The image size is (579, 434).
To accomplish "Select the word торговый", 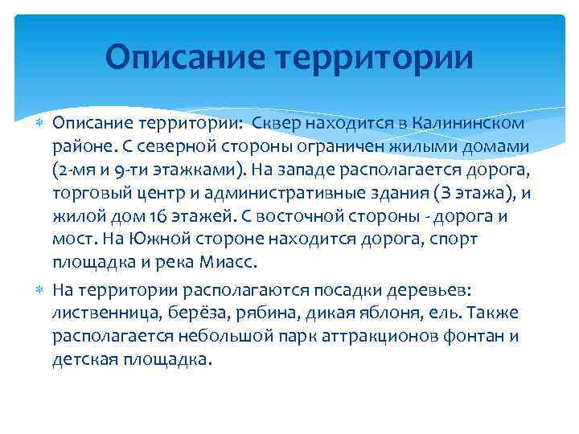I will click(89, 194).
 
